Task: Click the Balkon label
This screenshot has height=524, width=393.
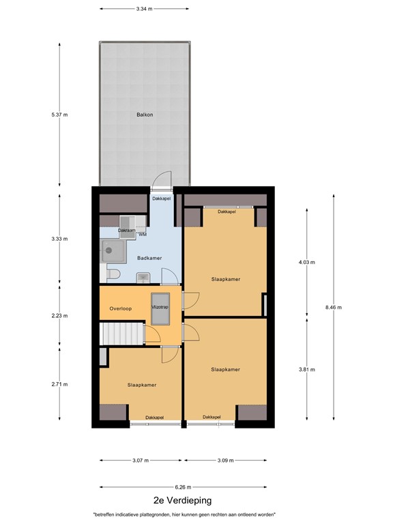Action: (x=144, y=115)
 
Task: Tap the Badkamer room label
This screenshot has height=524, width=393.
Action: (x=149, y=258)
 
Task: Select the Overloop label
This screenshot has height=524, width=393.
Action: (x=120, y=308)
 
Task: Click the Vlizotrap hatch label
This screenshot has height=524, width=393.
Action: (x=160, y=308)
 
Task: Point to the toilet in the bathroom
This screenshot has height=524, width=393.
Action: (x=113, y=274)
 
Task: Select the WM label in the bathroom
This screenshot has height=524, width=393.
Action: (x=143, y=234)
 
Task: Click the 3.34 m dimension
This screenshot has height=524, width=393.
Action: (x=144, y=9)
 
